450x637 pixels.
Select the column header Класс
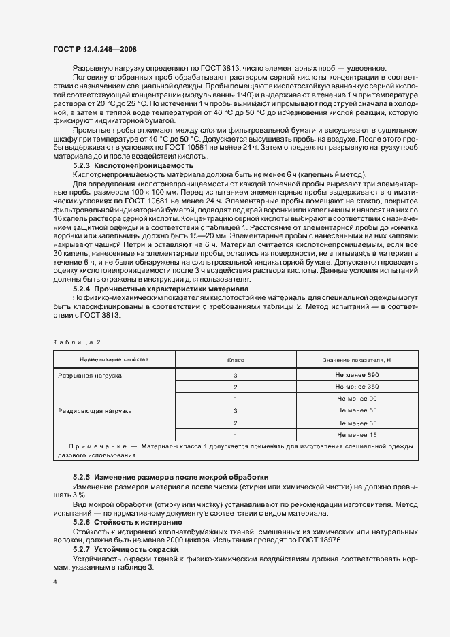click(235, 359)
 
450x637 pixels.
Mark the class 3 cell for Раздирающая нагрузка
click(235, 411)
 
